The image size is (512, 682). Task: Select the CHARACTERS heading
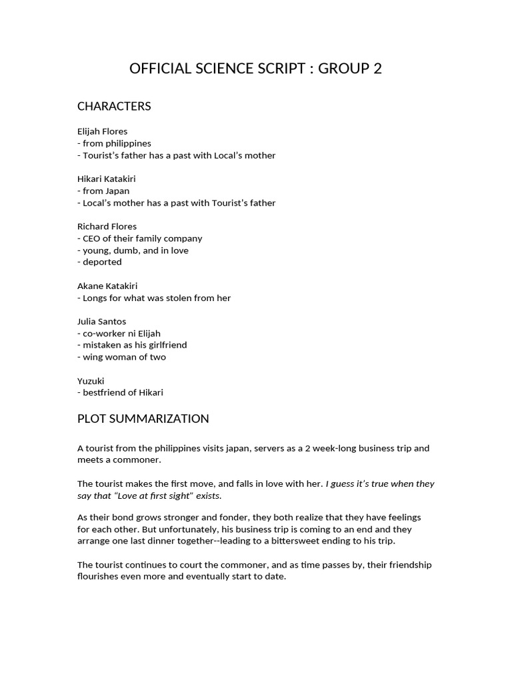(x=114, y=107)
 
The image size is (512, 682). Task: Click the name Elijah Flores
(x=102, y=131)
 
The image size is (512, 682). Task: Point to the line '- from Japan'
(x=103, y=190)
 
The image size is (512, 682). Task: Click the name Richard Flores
(x=107, y=226)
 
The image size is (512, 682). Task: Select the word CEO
(x=91, y=238)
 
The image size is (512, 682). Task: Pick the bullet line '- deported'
(x=99, y=262)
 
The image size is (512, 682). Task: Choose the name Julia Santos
(x=101, y=321)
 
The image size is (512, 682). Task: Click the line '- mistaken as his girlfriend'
(x=132, y=345)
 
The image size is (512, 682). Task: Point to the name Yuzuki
(x=91, y=381)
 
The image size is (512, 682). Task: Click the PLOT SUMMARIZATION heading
(x=143, y=419)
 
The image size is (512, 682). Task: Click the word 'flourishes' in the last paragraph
(x=99, y=576)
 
